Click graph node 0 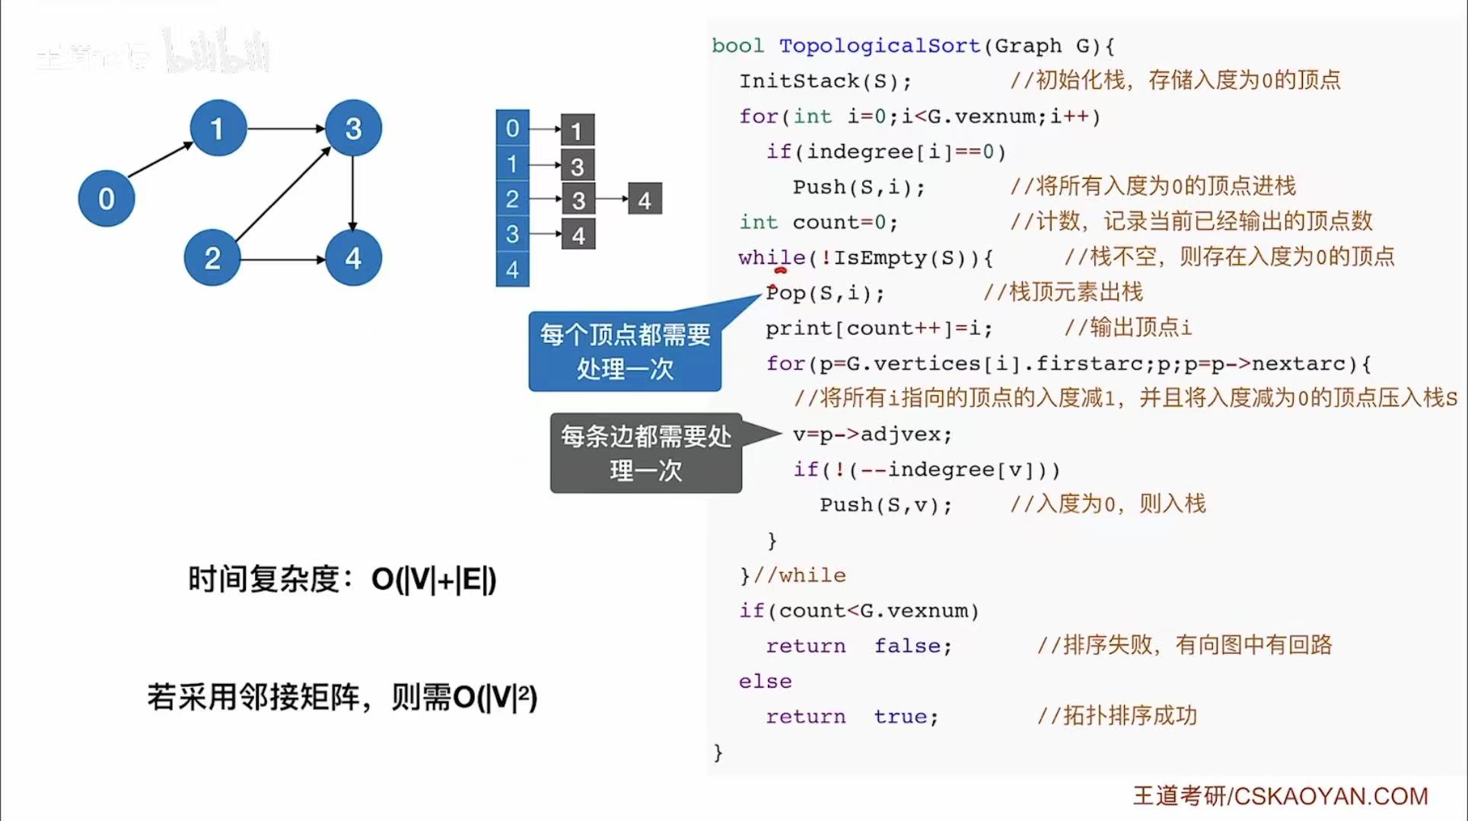107,199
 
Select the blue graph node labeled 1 218,128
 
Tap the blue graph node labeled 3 353,128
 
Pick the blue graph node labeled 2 212,258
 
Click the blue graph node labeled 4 353,258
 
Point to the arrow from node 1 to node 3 285,129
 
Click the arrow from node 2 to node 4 282,259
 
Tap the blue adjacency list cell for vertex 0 512,128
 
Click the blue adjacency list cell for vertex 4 512,269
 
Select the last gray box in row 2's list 645,199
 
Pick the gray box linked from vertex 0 577,130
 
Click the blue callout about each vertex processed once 625,352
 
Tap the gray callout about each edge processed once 645,453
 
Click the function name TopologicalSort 879,46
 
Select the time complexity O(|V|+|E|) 433,580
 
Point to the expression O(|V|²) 495,697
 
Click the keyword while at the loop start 771,258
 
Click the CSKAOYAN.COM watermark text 1330,796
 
